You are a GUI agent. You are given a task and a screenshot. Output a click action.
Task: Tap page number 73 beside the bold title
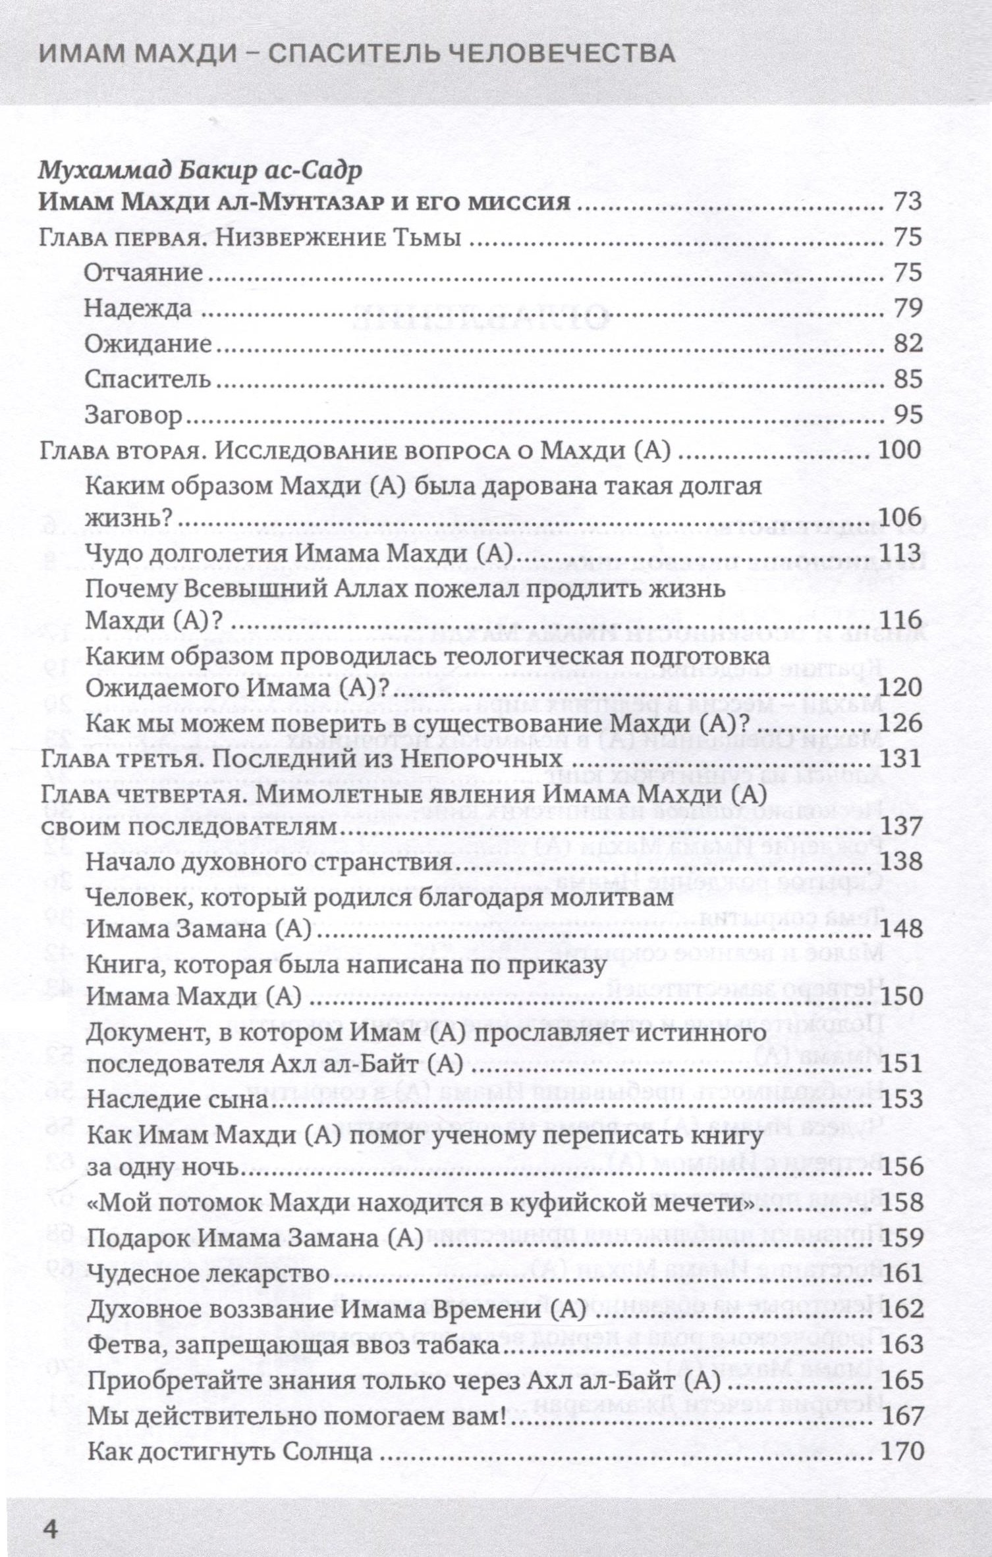pyautogui.click(x=907, y=202)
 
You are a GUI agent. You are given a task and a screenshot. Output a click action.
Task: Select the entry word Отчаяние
pyautogui.click(x=144, y=273)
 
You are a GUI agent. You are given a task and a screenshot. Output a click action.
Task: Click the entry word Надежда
pyautogui.click(x=138, y=308)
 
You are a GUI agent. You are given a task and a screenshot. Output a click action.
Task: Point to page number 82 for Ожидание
pyautogui.click(x=907, y=344)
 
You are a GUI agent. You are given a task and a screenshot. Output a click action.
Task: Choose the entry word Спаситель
pyautogui.click(x=148, y=379)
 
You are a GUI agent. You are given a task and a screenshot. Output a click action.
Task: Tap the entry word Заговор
pyautogui.click(x=134, y=415)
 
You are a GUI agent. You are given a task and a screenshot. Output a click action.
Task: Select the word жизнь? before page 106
pyautogui.click(x=128, y=519)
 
